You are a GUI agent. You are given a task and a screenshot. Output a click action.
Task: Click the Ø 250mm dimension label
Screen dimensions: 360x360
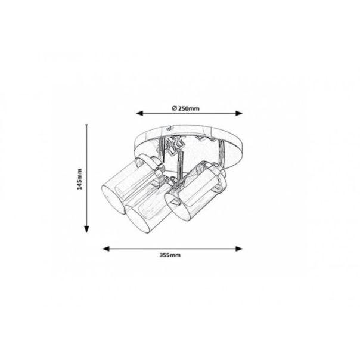pos(185,108)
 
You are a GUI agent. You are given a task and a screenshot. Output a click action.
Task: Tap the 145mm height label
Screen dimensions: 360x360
pos(79,179)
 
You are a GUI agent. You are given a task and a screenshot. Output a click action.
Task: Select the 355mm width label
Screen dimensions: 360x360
pos(170,255)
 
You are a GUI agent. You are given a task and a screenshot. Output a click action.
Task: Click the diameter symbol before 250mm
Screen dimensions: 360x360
pos(174,108)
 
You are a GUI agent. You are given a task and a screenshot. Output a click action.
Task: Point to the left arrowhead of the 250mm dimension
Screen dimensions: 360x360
pos(139,113)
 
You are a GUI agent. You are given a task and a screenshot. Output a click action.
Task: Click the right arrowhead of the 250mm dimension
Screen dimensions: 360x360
pos(239,113)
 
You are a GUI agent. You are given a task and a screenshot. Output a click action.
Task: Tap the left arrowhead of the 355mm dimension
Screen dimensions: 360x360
pos(106,249)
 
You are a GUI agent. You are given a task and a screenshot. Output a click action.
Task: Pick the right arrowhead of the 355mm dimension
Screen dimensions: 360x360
pos(239,249)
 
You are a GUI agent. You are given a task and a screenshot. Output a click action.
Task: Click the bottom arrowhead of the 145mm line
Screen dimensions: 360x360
pos(86,229)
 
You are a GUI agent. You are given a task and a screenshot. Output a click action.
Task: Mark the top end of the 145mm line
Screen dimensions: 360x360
pos(86,125)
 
